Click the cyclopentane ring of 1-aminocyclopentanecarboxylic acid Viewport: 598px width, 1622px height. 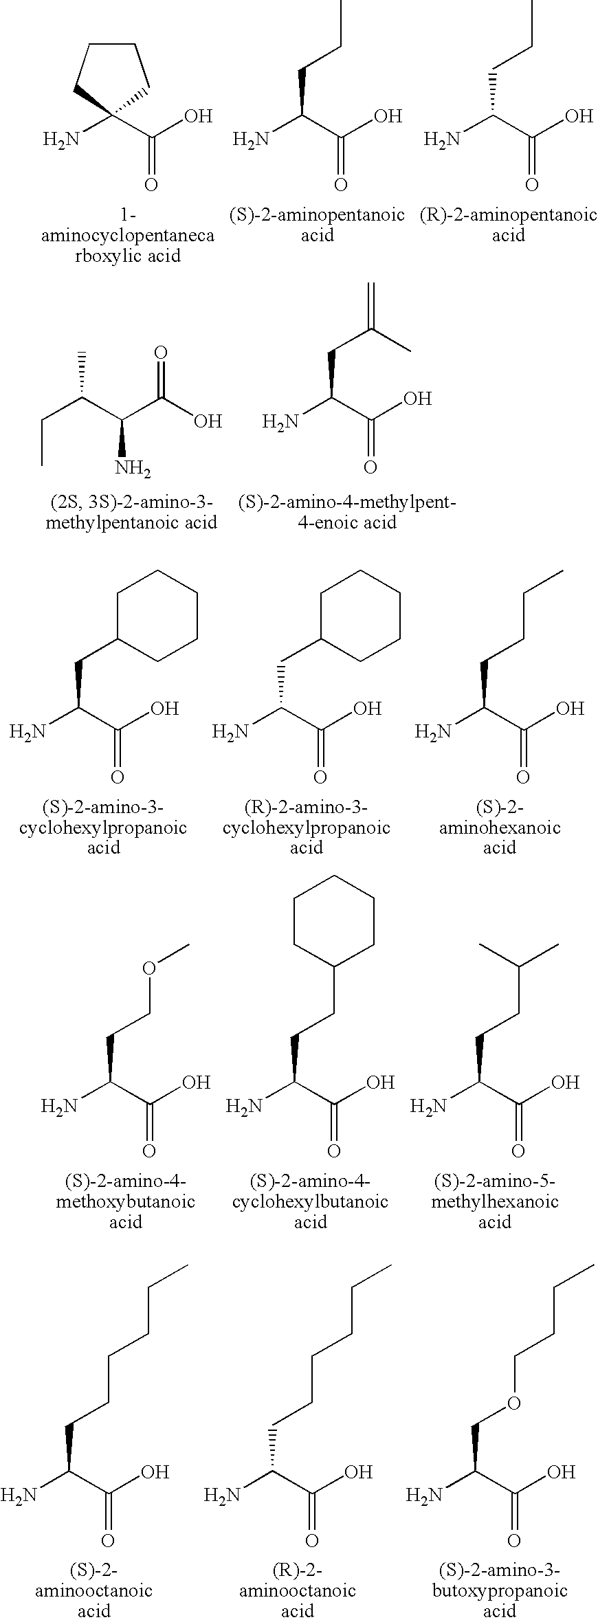pyautogui.click(x=113, y=76)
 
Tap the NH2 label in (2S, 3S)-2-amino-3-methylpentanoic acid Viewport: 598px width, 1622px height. pyautogui.click(x=133, y=469)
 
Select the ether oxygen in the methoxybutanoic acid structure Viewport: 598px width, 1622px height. pyautogui.click(x=149, y=968)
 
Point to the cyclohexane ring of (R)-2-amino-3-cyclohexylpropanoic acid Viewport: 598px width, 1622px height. pyautogui.click(x=361, y=616)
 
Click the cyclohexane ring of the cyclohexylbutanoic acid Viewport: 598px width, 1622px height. pyautogui.click(x=334, y=921)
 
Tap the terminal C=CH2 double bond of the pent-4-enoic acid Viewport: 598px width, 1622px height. pyautogui.click(x=372, y=306)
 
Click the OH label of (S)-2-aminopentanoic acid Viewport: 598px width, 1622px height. pyautogui.click(x=386, y=116)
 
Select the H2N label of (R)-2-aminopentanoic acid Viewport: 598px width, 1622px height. pyautogui.click(x=441, y=140)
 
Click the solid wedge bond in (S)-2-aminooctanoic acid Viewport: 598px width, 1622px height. pyautogui.click(x=69, y=1448)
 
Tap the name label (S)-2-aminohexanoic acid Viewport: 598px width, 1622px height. pyautogui.click(x=500, y=827)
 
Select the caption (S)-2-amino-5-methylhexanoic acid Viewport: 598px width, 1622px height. pyautogui.click(x=495, y=1201)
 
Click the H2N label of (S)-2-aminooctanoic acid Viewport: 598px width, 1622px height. pyautogui.click(x=19, y=1494)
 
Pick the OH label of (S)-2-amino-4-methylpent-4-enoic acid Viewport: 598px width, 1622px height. pyautogui.click(x=417, y=398)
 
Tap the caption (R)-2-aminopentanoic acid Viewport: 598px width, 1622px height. pyautogui.click(x=509, y=225)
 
